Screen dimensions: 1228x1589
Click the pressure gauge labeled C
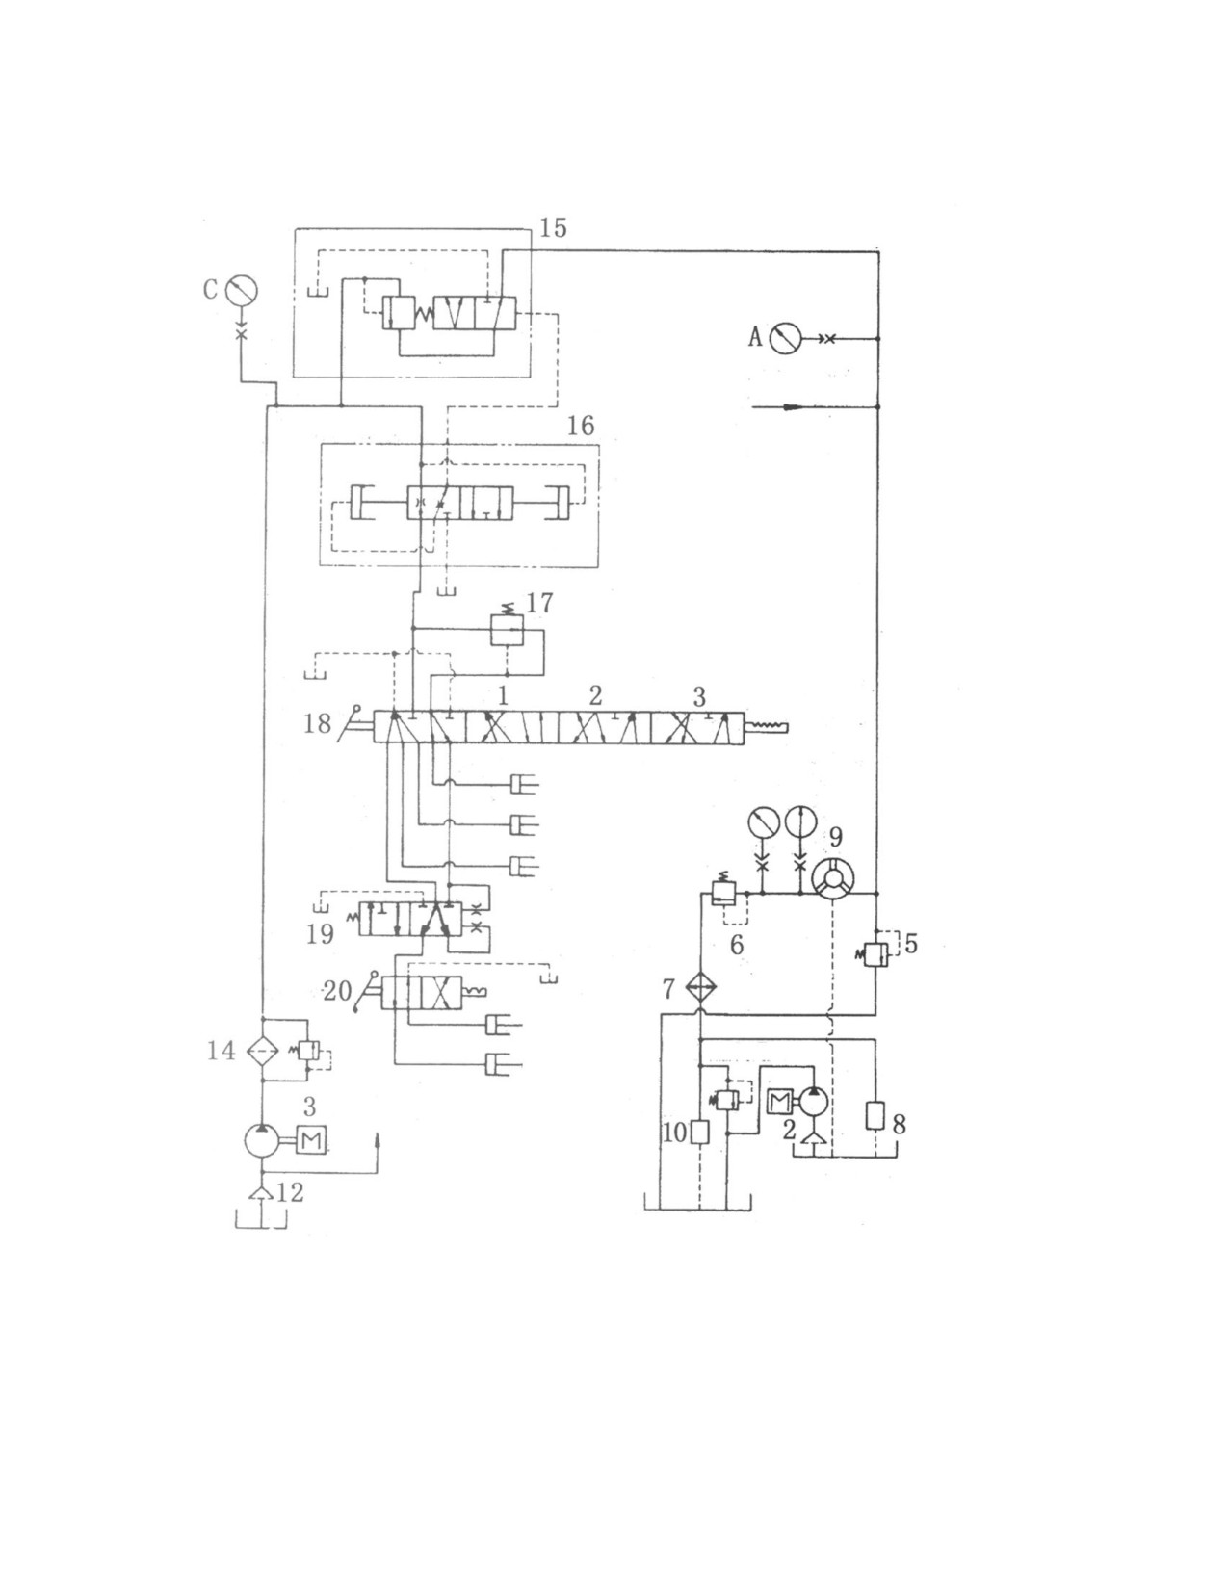[242, 290]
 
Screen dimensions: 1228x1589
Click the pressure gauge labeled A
[786, 339]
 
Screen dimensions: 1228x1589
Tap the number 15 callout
[553, 228]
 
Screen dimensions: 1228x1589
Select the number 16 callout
[581, 425]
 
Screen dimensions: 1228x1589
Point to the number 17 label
[539, 603]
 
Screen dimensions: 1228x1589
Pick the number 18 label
[317, 725]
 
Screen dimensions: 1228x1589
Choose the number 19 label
[321, 934]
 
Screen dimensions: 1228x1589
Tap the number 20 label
[337, 991]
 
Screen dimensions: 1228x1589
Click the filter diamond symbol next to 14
[262, 1052]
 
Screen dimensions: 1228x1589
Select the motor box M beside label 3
[311, 1138]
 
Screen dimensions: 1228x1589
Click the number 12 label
[290, 1192]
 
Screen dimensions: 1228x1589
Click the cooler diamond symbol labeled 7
[700, 988]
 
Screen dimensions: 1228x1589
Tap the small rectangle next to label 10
[700, 1133]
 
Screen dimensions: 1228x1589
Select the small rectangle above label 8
[875, 1116]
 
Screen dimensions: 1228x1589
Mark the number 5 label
[910, 944]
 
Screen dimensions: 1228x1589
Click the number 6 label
[737, 944]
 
